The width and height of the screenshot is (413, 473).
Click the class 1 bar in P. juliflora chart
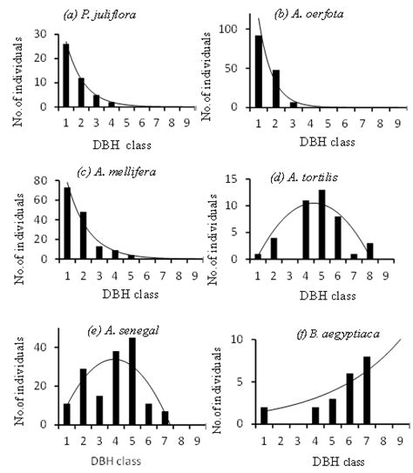click(66, 75)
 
